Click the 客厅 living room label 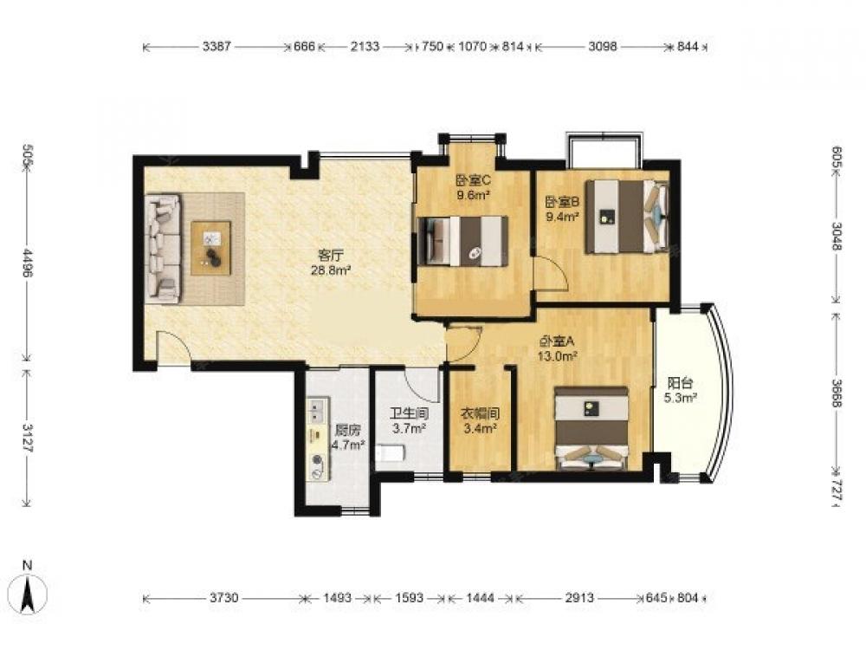click(x=332, y=256)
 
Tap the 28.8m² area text click(x=332, y=270)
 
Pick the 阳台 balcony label click(x=680, y=383)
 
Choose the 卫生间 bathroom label click(x=410, y=413)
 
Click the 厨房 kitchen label click(x=347, y=430)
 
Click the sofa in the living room click(x=163, y=248)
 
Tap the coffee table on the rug click(x=211, y=248)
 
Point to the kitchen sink click(x=318, y=410)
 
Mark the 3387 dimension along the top click(x=216, y=47)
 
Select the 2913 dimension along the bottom click(x=579, y=597)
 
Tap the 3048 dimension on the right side click(x=837, y=236)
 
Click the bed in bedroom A click(x=592, y=428)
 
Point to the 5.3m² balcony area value click(x=680, y=398)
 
